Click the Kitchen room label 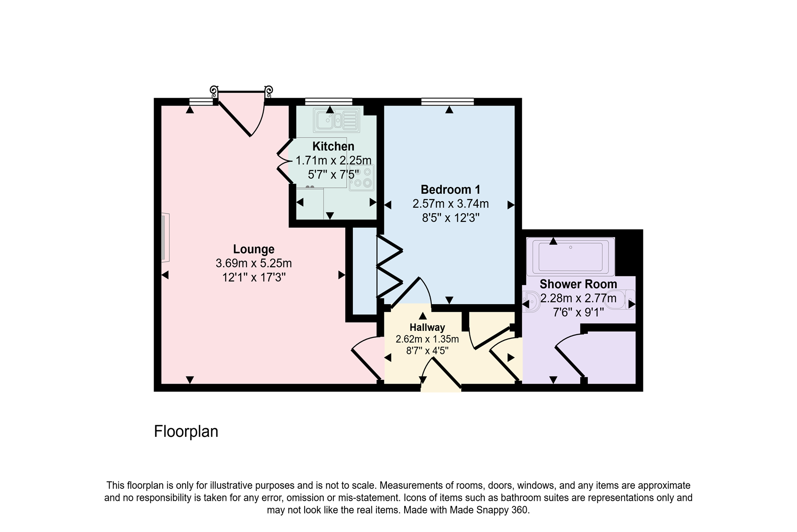click(333, 146)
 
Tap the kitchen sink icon click(336, 120)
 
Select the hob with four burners click(362, 177)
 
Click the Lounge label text click(254, 249)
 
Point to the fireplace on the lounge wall click(166, 238)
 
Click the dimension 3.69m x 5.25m click(254, 263)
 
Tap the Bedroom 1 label click(450, 190)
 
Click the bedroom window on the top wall click(447, 101)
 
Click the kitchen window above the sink click(328, 101)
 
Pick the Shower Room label click(578, 284)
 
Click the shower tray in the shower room click(570, 257)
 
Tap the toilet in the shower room click(623, 299)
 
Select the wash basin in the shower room click(530, 301)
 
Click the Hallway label click(427, 328)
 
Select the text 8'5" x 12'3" click(450, 218)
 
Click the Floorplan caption click(186, 431)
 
